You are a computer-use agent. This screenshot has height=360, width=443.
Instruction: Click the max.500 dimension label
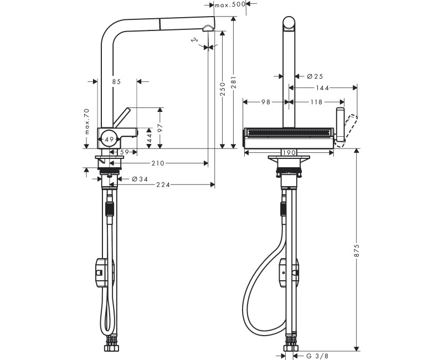230,5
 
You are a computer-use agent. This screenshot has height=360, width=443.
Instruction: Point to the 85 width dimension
116,82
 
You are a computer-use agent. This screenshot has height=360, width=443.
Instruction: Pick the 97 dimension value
160,128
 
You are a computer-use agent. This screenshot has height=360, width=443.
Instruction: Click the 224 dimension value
162,184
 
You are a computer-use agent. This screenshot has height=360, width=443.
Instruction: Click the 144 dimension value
323,88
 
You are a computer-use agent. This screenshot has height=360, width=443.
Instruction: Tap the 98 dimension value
265,102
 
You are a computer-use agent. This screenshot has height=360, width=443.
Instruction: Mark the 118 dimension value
316,102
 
